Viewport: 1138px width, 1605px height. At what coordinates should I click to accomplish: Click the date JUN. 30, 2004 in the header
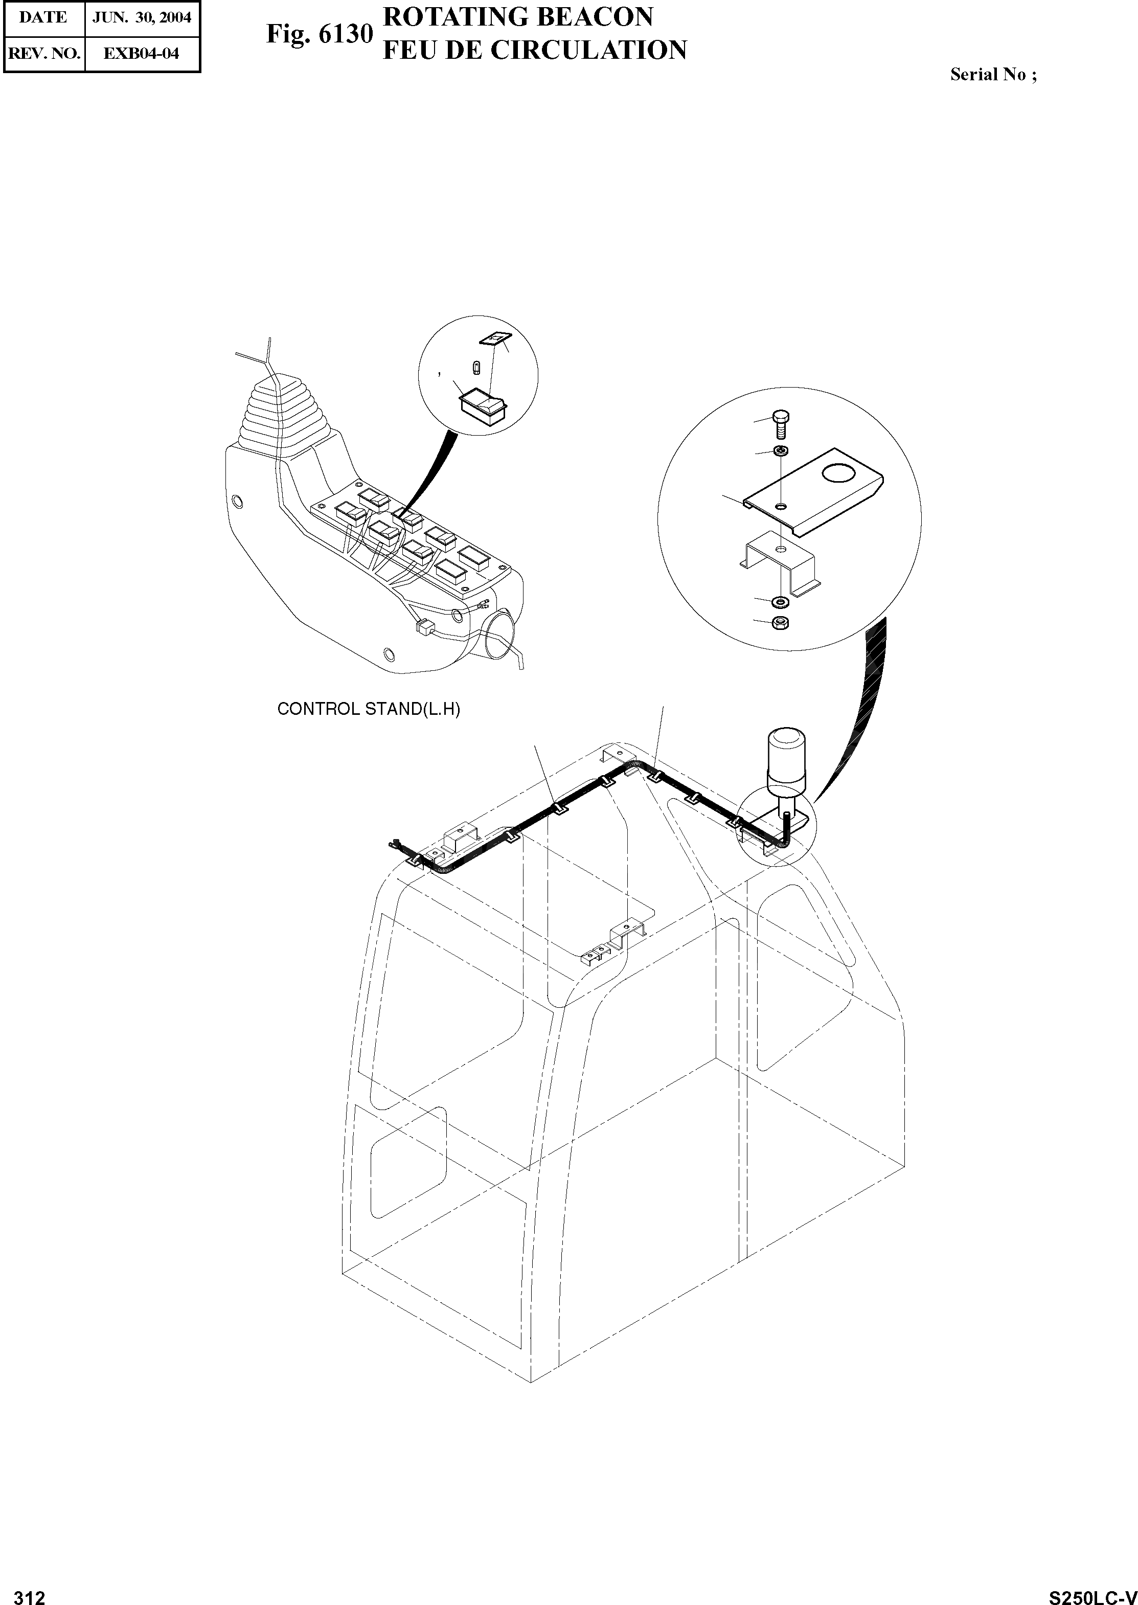point(142,17)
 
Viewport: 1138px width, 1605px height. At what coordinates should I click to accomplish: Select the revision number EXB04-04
point(142,53)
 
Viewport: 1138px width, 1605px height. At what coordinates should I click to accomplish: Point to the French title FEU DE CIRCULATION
point(534,51)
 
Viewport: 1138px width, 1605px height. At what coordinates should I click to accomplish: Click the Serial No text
point(992,75)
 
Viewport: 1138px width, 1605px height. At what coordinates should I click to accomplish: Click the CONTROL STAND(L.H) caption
point(369,709)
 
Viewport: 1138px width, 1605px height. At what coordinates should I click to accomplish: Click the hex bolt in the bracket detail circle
point(781,423)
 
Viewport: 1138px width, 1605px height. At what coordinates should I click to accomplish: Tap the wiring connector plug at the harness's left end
point(395,846)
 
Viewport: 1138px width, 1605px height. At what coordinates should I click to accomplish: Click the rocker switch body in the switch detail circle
point(482,405)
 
